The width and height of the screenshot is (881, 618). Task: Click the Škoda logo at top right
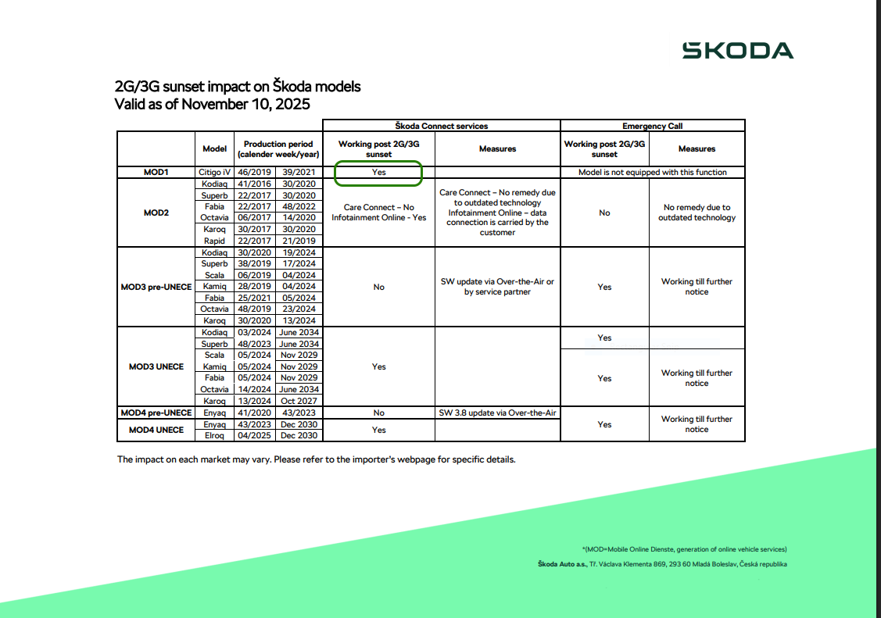click(x=737, y=51)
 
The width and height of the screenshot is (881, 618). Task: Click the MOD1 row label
click(x=156, y=172)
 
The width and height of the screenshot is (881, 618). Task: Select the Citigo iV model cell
click(x=214, y=172)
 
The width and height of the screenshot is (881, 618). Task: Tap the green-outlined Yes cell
click(x=379, y=173)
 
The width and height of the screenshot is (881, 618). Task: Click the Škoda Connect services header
click(x=442, y=126)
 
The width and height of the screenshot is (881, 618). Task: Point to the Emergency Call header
click(x=653, y=126)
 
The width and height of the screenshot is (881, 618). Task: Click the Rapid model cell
click(x=214, y=241)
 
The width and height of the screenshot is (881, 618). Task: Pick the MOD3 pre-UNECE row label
click(x=156, y=287)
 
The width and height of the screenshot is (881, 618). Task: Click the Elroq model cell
click(x=214, y=435)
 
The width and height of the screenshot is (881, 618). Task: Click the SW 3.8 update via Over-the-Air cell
click(x=498, y=413)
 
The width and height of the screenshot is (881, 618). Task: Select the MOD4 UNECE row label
click(x=156, y=430)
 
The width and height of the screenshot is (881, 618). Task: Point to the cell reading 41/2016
click(x=253, y=184)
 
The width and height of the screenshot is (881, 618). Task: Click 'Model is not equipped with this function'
click(x=653, y=172)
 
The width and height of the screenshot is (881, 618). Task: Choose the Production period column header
click(x=278, y=148)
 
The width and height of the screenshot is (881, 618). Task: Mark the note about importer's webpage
click(x=316, y=459)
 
